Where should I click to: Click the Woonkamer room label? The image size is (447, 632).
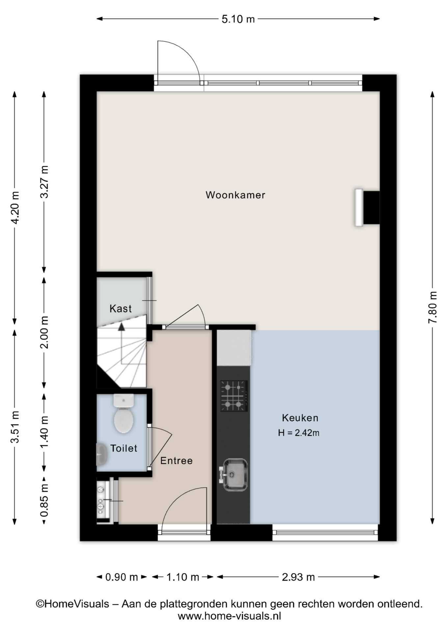235,195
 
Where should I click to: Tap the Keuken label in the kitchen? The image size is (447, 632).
300,418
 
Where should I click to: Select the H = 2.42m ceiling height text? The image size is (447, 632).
299,433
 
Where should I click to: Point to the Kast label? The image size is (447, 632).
120,308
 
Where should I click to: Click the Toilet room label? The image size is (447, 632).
124,448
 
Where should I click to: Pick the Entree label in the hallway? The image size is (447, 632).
176,461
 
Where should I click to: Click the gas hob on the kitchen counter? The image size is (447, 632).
234,396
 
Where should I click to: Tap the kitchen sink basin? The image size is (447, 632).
234,475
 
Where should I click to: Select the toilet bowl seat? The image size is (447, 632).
123,420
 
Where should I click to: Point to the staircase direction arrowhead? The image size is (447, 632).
121,327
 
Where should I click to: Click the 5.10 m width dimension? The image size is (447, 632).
238,19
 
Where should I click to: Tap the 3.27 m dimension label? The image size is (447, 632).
44,181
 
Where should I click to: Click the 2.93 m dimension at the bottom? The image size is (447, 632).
298,577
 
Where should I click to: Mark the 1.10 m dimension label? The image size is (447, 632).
183,577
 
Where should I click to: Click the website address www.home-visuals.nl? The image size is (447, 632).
229,616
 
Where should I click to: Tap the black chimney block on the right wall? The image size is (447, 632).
371,208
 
